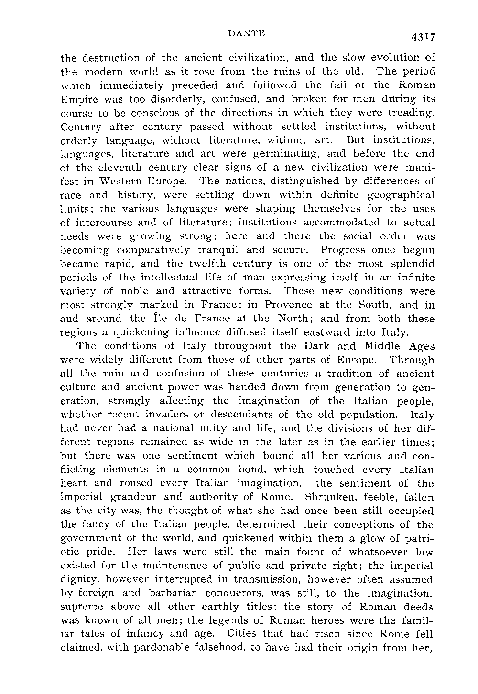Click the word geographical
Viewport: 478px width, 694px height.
pyautogui.click(x=401, y=195)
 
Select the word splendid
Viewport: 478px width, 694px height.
pyautogui.click(x=410, y=264)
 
